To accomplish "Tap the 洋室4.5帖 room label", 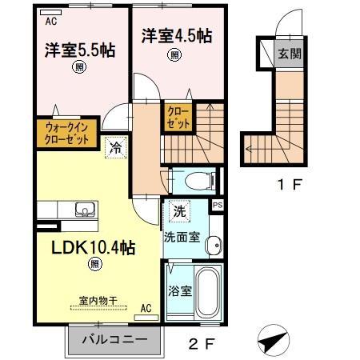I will click(x=177, y=35).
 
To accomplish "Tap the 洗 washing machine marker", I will click(x=179, y=213).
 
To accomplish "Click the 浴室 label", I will click(x=178, y=290).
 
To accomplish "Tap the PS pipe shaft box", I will click(x=217, y=205).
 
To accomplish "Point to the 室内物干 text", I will click(x=98, y=301).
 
